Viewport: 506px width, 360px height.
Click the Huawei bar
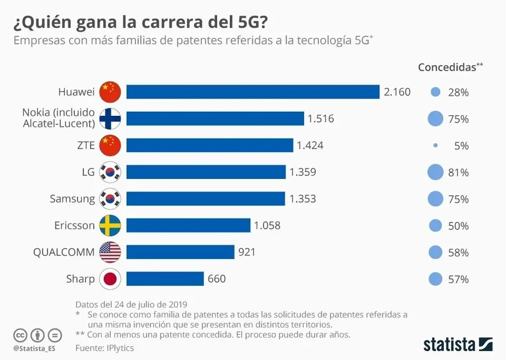pyautogui.click(x=252, y=92)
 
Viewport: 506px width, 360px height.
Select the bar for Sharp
pyautogui.click(x=165, y=279)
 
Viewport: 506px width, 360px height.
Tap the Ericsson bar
pyautogui.click(x=188, y=226)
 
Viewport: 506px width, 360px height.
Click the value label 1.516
pyautogui.click(x=320, y=119)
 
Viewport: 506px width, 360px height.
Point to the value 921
pyautogui.click(x=247, y=252)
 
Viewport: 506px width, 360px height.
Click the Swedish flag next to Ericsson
pyautogui.click(x=110, y=226)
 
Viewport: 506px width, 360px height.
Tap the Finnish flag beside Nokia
pyautogui.click(x=110, y=119)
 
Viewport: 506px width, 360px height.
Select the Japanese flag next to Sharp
pyautogui.click(x=110, y=279)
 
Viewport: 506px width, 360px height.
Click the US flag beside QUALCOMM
pyautogui.click(x=110, y=252)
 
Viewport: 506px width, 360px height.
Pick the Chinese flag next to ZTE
pyautogui.click(x=110, y=146)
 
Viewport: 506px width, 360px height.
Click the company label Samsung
pyautogui.click(x=72, y=199)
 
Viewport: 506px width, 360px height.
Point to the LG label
pyautogui.click(x=88, y=172)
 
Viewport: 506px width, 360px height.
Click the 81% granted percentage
pyautogui.click(x=458, y=172)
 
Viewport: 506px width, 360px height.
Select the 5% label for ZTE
pyautogui.click(x=461, y=146)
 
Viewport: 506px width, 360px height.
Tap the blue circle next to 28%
pyautogui.click(x=435, y=93)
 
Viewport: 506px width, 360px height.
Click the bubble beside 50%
pyautogui.click(x=435, y=226)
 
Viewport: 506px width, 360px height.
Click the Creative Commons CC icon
pyautogui.click(x=20, y=335)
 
